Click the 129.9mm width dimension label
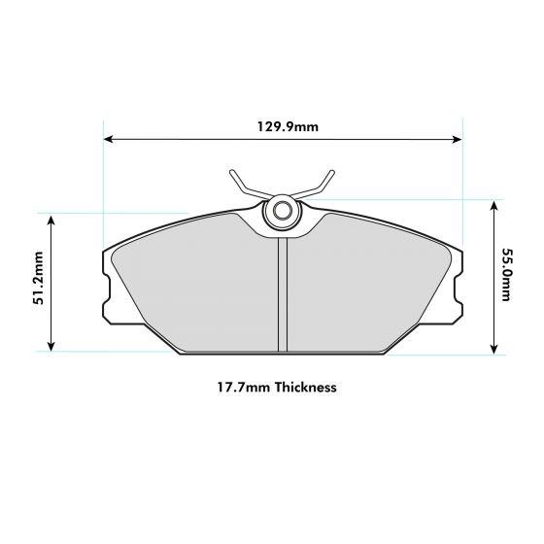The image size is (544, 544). point(282,125)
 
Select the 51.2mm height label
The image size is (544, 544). point(39,282)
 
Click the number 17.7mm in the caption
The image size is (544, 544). point(243,387)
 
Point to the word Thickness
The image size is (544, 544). point(306,387)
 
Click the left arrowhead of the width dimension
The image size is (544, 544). point(108,140)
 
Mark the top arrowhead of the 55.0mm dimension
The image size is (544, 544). point(494,206)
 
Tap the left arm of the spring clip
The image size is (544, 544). point(245,186)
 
